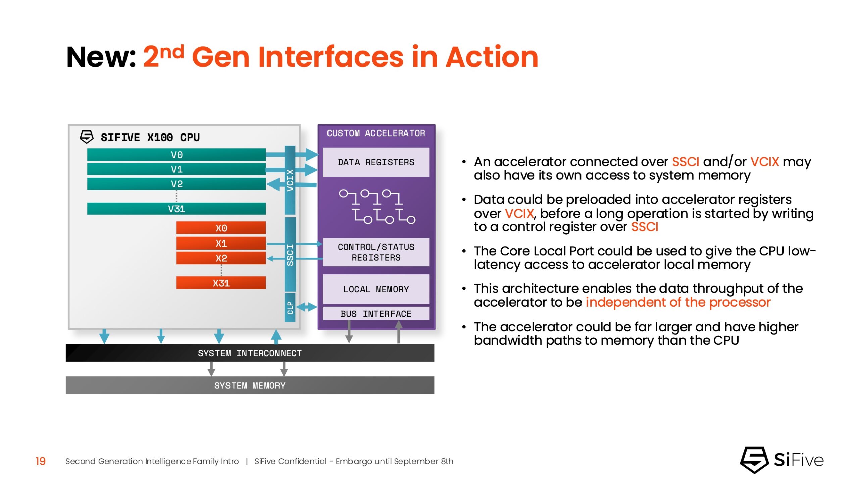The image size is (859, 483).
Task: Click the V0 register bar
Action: tap(176, 155)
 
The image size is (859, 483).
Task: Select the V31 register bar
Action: tap(176, 209)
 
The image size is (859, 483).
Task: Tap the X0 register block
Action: tap(221, 228)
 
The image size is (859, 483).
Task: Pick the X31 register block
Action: tap(221, 283)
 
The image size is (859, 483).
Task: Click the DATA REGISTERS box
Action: tap(376, 162)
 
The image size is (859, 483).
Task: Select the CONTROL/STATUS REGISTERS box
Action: tap(376, 252)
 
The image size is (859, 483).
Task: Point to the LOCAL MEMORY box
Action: tap(376, 289)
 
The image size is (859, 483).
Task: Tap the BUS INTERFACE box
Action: tap(376, 314)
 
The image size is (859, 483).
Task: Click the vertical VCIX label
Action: tap(290, 180)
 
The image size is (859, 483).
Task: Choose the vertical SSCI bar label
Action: tap(290, 255)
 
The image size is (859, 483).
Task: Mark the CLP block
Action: tap(290, 308)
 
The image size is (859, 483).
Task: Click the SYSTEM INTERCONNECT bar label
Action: tap(250, 353)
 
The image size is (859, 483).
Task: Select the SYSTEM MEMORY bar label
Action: tap(250, 386)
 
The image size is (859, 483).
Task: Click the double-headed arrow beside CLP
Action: tap(306, 307)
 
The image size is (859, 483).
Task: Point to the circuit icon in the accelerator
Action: tap(377, 206)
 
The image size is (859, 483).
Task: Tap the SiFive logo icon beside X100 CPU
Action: tap(87, 137)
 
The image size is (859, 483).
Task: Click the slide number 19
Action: tap(41, 461)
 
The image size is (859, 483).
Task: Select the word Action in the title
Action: tap(492, 57)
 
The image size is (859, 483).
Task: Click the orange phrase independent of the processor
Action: tap(678, 302)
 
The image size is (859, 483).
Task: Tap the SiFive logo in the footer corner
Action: tap(782, 460)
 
